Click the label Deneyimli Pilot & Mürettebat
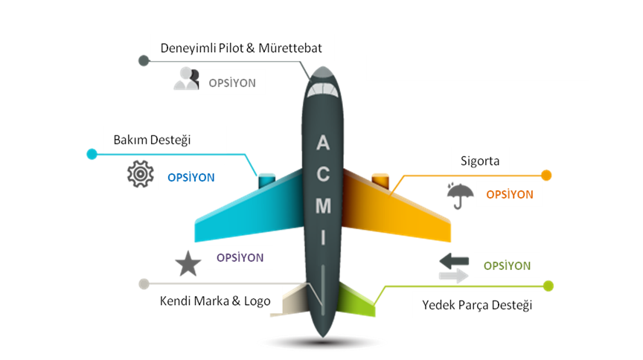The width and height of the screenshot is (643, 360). pos(241,48)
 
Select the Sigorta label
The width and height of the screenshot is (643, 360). pos(479,161)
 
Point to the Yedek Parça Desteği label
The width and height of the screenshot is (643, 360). pos(477,305)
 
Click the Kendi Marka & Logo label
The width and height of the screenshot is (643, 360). pos(215,301)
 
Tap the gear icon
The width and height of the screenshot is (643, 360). pos(139,174)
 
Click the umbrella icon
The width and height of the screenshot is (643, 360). pos(461,196)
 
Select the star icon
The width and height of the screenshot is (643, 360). pos(187,264)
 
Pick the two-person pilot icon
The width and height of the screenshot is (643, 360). pos(186,79)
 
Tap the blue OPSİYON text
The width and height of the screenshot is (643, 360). pos(191,178)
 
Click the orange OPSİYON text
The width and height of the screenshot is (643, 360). pos(509,195)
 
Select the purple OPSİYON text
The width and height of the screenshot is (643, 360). pos(240,258)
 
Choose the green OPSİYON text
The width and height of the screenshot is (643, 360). pos(507,266)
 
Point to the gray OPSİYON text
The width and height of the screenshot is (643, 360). pos(232,83)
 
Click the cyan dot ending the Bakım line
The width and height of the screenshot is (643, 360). pos(92,154)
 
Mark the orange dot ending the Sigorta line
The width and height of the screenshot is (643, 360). pos(546,176)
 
